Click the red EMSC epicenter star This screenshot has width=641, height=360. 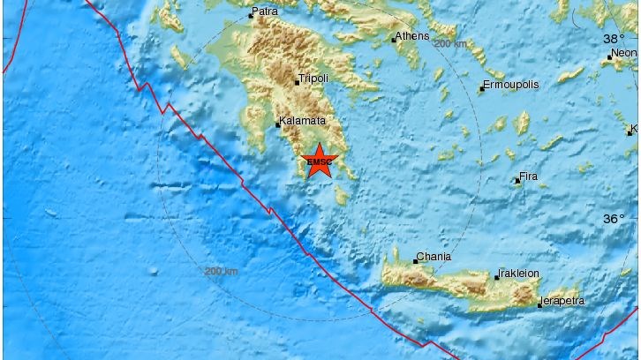pos(319,161)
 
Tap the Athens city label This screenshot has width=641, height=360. pos(413,36)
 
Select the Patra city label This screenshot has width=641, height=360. pos(265,12)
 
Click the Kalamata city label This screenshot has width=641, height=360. pos(303,121)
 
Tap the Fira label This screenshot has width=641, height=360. pos(529,177)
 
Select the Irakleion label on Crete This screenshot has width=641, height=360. pos(519,274)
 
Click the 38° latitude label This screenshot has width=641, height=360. pos(615,39)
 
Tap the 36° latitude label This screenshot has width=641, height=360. pos(615,218)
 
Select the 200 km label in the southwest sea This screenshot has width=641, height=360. pos(220,270)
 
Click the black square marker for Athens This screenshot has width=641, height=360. pos(394,40)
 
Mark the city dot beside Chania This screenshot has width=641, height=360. pos(416,260)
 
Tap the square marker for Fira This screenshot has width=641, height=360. pos(517,181)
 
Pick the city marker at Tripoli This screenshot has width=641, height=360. pos(297,83)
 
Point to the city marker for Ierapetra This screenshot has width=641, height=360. pos(539,305)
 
